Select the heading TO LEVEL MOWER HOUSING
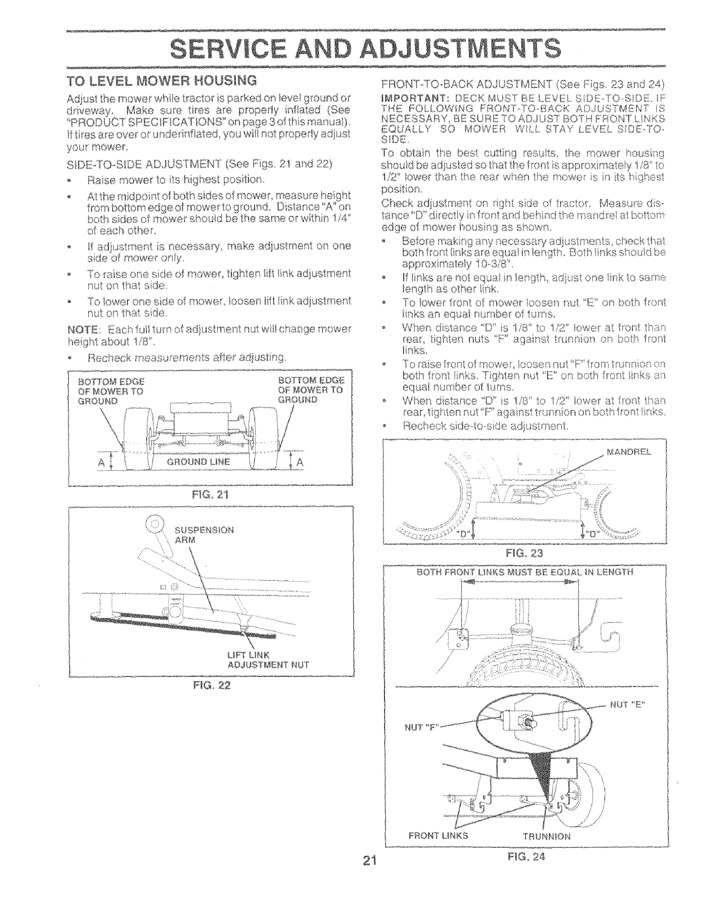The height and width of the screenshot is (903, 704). (162, 78)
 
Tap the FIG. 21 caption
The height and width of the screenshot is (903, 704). (209, 495)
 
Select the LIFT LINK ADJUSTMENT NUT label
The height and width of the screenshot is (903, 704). (268, 660)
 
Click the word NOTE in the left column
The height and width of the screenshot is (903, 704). (82, 328)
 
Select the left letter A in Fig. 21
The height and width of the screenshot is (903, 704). (102, 462)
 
